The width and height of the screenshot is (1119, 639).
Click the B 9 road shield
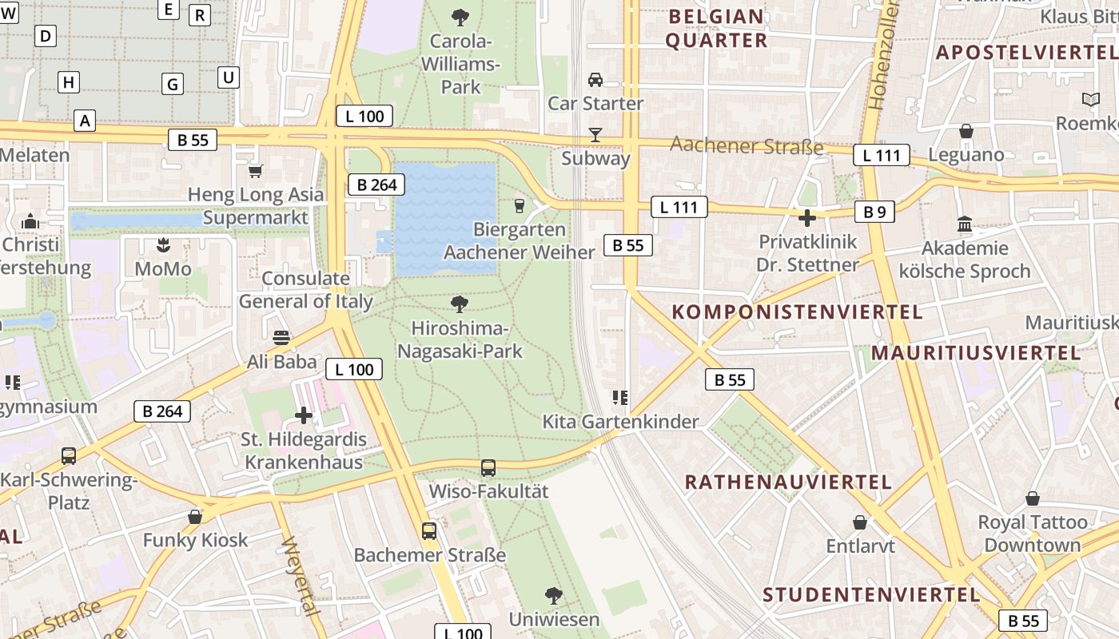click(874, 212)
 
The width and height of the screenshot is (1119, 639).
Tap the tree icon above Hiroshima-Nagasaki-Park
click(460, 304)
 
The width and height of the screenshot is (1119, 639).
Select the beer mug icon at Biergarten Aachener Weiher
click(520, 206)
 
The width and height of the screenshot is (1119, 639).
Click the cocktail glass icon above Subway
click(595, 134)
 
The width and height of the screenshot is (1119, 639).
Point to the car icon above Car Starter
click(595, 80)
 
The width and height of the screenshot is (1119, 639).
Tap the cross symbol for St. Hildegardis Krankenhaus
click(304, 415)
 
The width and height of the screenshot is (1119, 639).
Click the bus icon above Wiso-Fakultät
click(488, 468)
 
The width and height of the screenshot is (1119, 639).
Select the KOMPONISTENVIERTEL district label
click(797, 312)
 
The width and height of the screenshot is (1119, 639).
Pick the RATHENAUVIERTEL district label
click(788, 482)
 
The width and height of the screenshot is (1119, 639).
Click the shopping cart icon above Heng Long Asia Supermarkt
click(256, 171)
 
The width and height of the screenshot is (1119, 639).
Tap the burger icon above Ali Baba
click(281, 338)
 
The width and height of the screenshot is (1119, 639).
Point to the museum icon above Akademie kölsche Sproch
click(965, 224)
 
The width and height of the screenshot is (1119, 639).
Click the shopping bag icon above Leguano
click(966, 131)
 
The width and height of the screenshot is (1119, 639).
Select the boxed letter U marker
click(229, 77)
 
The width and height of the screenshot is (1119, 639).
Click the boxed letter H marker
click(69, 82)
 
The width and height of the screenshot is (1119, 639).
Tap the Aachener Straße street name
click(747, 145)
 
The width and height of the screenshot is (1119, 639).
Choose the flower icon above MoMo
click(163, 244)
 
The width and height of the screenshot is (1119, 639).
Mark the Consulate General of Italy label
click(306, 290)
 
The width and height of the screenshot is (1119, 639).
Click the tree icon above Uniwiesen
click(553, 596)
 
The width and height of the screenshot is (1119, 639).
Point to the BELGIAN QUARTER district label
click(716, 28)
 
